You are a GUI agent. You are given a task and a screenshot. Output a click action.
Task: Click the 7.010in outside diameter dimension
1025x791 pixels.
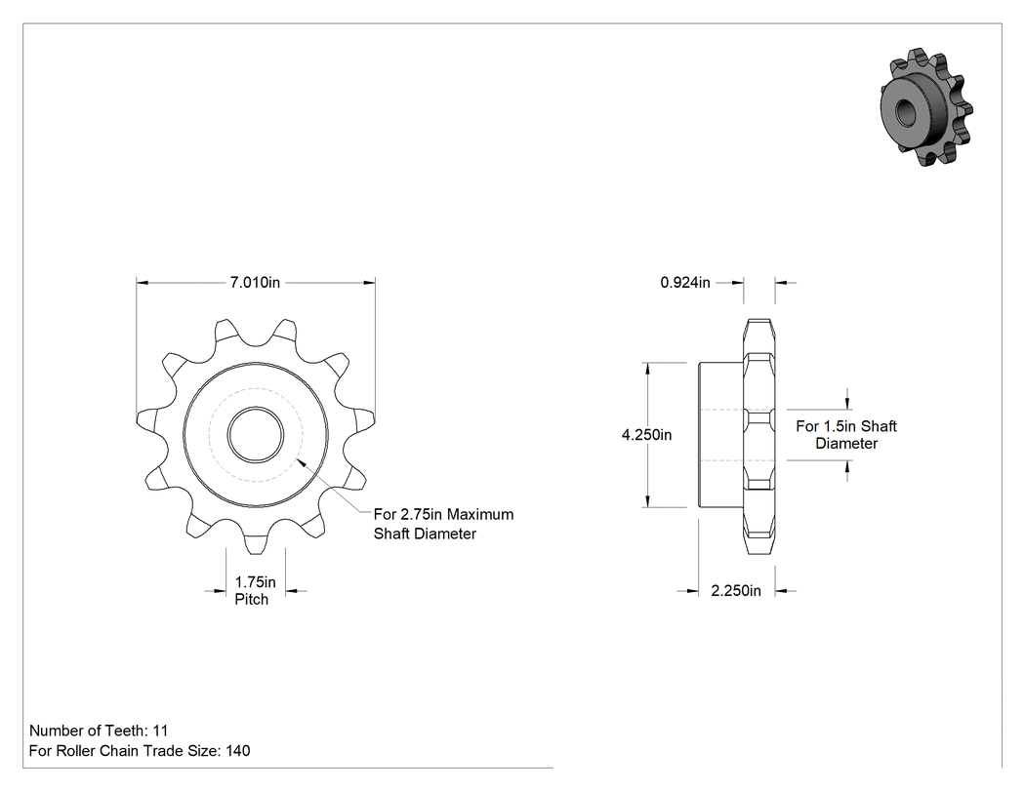(255, 282)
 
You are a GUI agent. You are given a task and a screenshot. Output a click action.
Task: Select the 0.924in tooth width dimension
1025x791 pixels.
(685, 282)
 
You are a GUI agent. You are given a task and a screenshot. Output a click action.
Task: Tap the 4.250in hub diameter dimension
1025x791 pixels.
(646, 435)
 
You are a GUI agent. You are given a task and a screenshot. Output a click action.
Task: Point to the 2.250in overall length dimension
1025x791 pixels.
(736, 590)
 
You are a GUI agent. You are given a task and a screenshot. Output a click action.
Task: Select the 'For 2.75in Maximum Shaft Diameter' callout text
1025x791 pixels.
(443, 524)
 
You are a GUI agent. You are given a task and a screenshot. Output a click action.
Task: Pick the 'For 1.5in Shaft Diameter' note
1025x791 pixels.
(846, 435)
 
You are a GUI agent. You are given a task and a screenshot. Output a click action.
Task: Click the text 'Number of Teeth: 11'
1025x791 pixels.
(99, 731)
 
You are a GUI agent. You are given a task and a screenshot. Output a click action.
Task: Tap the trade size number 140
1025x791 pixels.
(238, 751)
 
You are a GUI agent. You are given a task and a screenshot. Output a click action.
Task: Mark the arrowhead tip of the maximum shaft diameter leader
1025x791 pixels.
(298, 459)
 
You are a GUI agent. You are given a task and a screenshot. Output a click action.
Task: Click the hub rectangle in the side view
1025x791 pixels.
(721, 435)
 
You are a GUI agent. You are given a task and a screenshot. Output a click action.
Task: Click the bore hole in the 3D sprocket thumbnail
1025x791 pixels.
(905, 113)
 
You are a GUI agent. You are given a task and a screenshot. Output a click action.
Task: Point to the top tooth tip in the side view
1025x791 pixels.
(758, 321)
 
